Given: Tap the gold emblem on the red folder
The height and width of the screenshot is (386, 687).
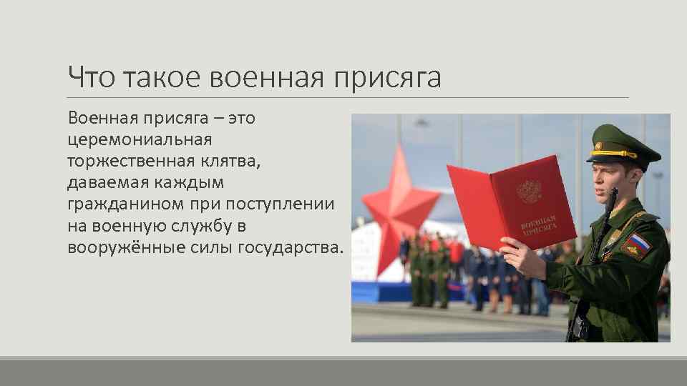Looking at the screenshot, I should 530,190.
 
